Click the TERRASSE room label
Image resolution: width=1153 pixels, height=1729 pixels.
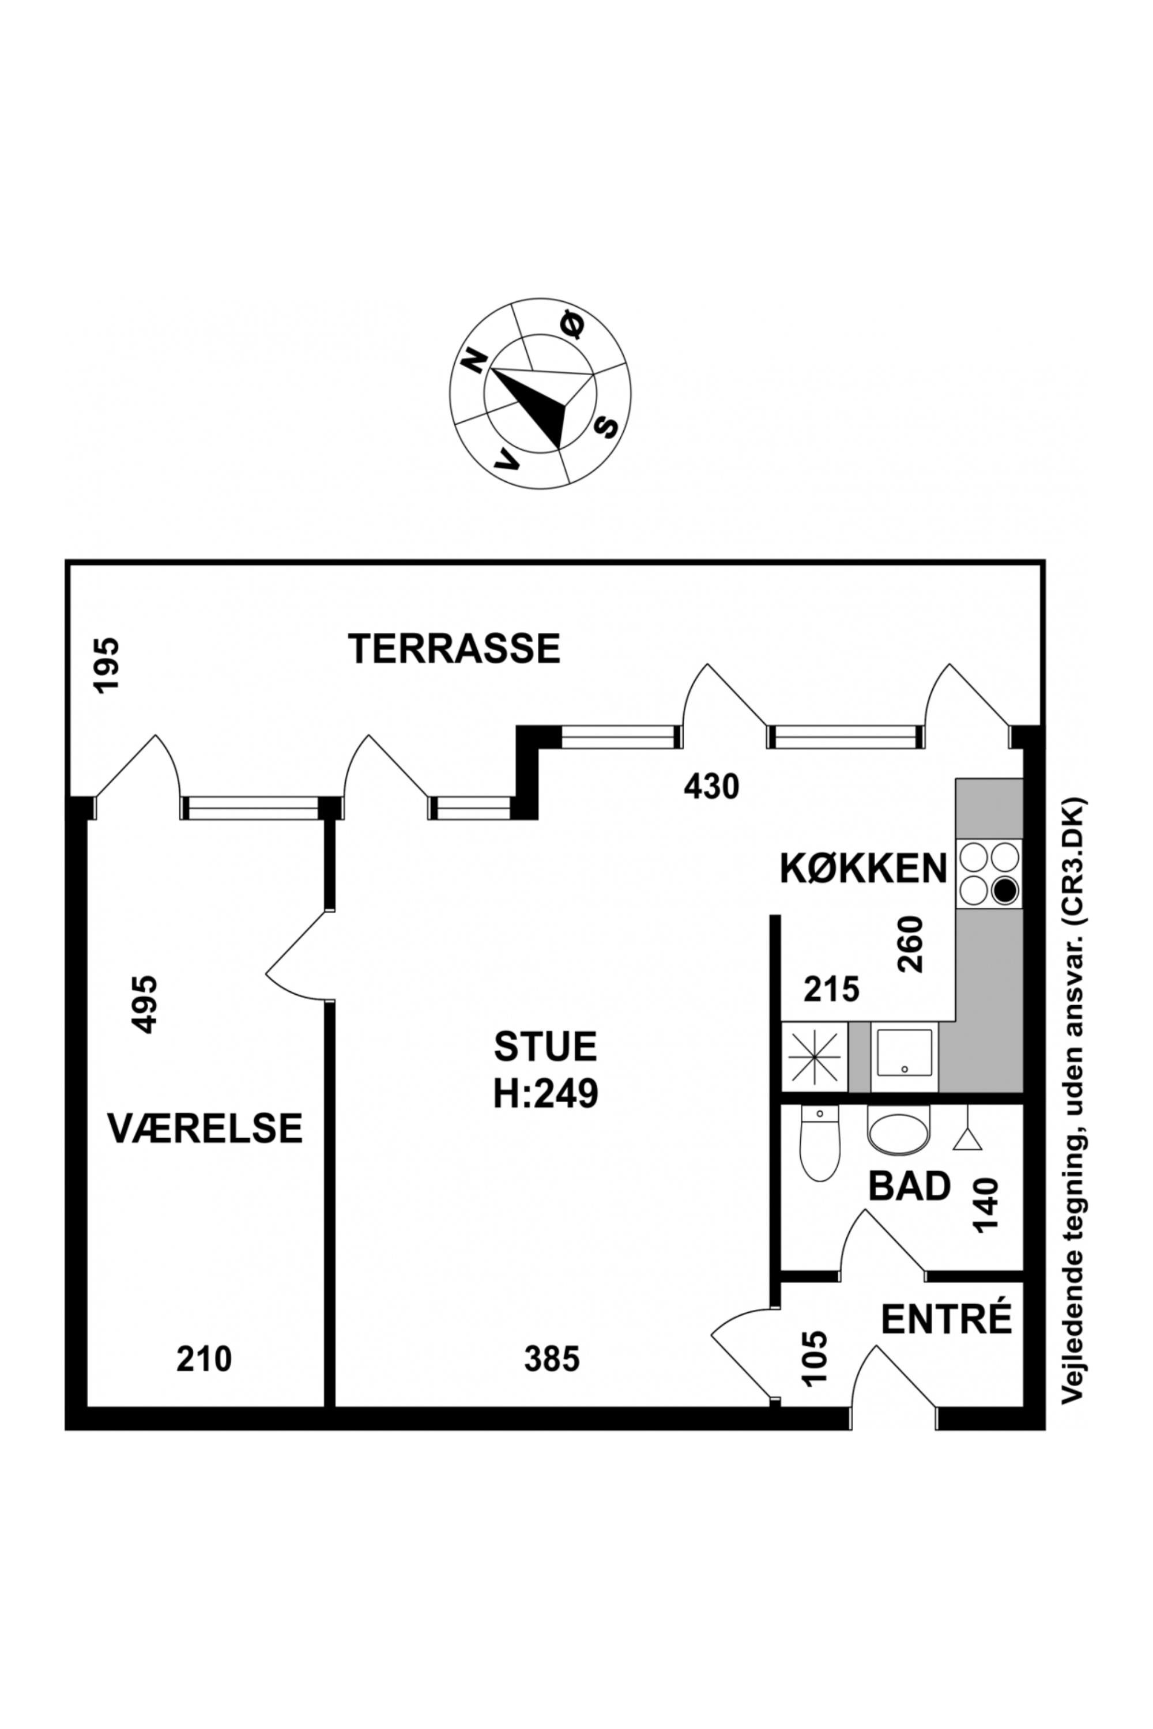pos(454,649)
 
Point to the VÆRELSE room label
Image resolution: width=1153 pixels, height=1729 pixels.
pos(205,1128)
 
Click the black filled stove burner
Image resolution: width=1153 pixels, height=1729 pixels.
pos(1004,892)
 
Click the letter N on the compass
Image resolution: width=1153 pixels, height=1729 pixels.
pos(475,362)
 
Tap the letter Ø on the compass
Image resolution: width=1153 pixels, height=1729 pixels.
pos(572,326)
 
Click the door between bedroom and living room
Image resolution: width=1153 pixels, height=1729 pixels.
pos(297,956)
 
